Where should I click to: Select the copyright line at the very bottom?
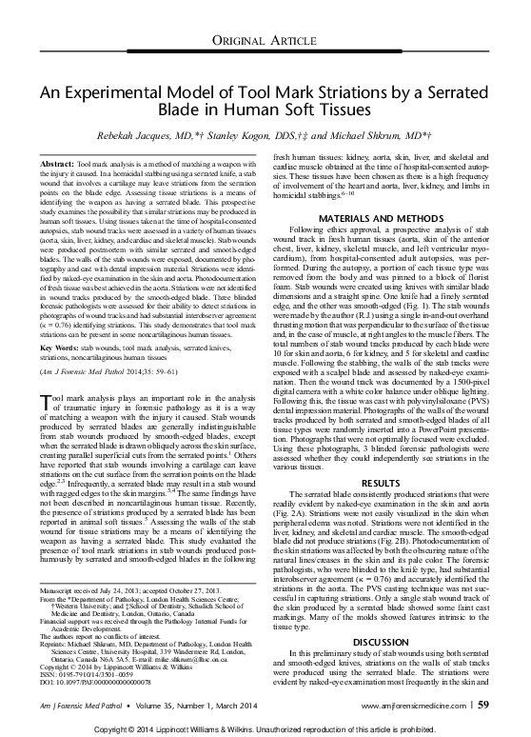[x=265, y=727]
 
